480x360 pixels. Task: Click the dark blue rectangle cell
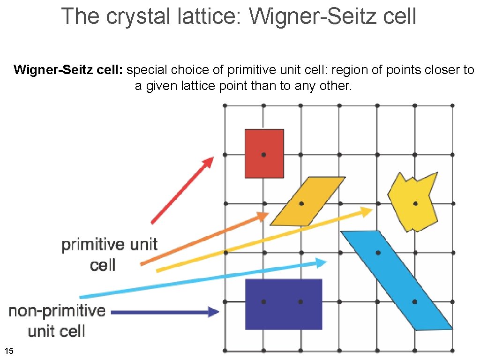click(284, 314)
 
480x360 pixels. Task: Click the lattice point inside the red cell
click(264, 154)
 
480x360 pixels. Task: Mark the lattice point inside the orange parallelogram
click(301, 203)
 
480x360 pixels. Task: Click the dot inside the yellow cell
click(415, 203)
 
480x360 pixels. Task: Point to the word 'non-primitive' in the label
click(57, 311)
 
